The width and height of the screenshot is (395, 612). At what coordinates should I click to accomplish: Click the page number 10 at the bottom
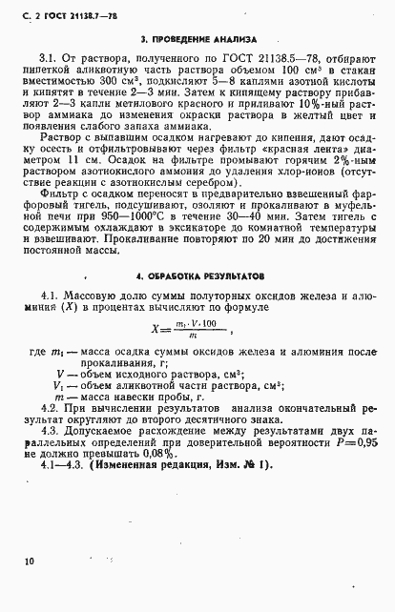point(31,562)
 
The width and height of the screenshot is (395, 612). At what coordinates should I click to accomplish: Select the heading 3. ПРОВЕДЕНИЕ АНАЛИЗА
point(197,41)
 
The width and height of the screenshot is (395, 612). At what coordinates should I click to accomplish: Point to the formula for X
point(197,328)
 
